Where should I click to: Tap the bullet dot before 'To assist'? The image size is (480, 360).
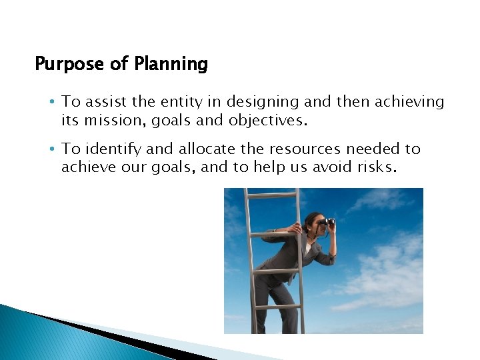[52, 101]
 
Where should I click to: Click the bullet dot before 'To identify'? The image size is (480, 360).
[52, 149]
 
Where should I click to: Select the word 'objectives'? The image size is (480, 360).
[269, 120]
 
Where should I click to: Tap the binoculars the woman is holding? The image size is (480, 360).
[327, 222]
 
